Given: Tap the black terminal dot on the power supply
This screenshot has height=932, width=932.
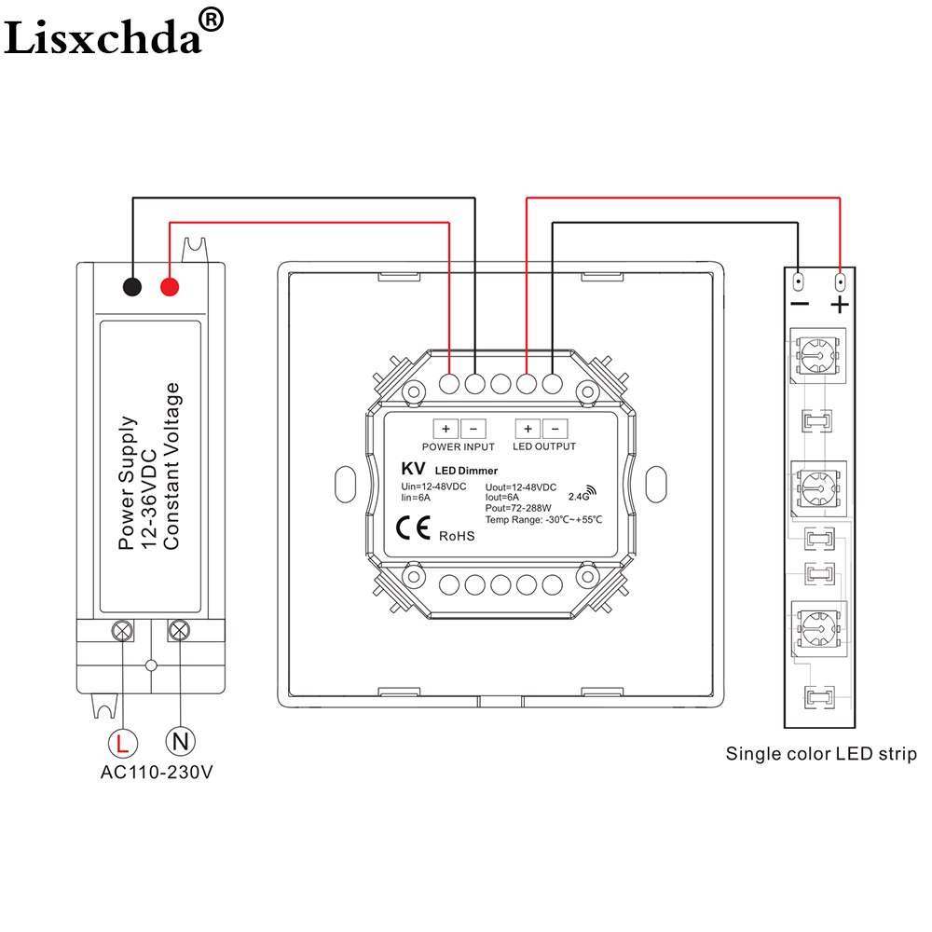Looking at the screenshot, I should (132, 287).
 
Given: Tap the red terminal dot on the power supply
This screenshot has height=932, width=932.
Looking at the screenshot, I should (169, 287).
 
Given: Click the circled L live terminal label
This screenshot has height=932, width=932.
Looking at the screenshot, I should (123, 743).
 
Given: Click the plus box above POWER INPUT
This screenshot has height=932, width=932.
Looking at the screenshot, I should (446, 429).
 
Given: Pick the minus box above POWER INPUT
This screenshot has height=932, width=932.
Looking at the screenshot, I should (473, 429).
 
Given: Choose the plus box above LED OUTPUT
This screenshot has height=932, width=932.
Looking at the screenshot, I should (528, 429).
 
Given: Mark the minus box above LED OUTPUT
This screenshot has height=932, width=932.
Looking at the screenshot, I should (555, 429).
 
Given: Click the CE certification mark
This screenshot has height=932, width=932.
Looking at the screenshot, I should (413, 530).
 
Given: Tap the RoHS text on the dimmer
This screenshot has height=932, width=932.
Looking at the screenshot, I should (457, 535).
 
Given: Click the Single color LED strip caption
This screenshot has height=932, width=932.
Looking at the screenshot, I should (821, 753).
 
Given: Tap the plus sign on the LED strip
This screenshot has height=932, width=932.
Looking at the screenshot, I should (841, 305).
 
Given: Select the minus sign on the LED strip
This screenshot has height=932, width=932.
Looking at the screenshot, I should (799, 305).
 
